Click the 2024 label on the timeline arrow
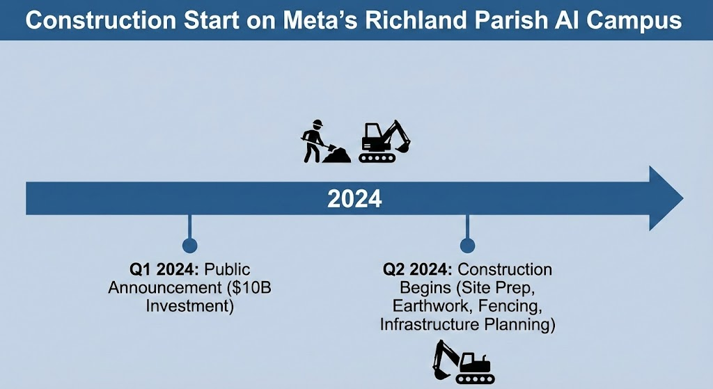click(354, 199)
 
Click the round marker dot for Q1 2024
click(189, 246)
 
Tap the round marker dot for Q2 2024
click(467, 246)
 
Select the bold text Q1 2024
click(164, 269)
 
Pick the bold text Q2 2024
click(418, 269)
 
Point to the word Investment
click(189, 305)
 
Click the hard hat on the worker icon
click(318, 123)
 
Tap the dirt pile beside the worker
click(336, 155)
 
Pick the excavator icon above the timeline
click(384, 141)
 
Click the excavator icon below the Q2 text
click(463, 362)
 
